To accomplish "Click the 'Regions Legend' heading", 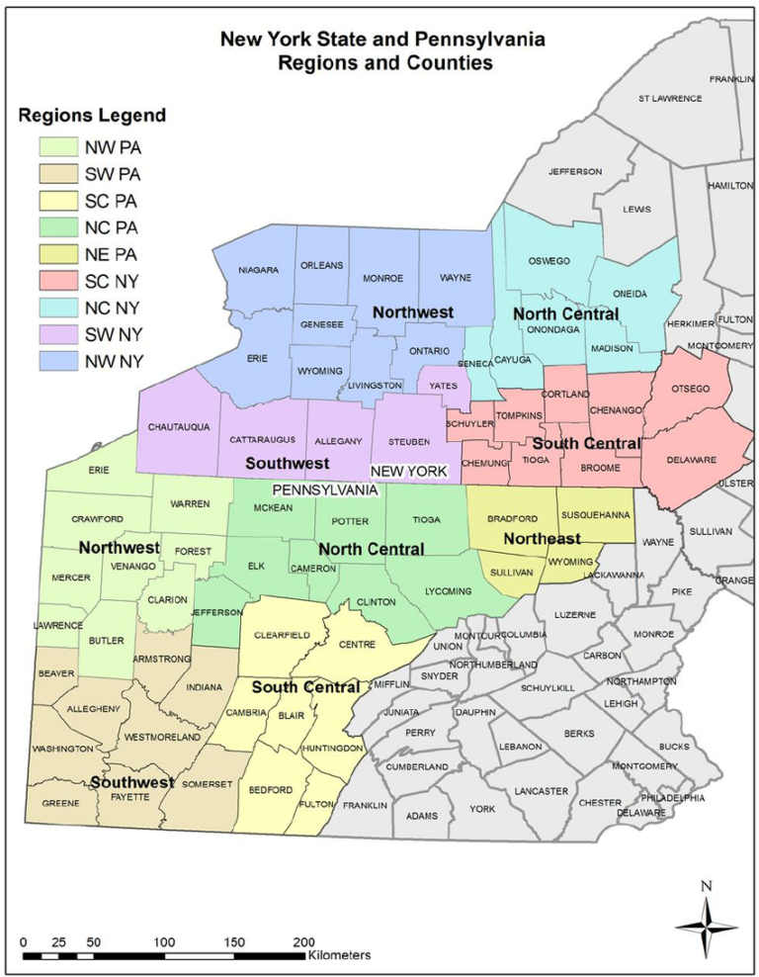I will coord(93,116).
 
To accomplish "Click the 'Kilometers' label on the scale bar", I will coord(339,956).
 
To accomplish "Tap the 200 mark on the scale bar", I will coord(304,941).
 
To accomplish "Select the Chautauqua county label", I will coord(179,427).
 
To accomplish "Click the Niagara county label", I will coord(258,270).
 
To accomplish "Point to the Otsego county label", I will coord(691,389).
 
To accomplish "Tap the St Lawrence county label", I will coord(670,99).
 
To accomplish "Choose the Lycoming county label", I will coord(448,591).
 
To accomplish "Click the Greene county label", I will coord(60,803).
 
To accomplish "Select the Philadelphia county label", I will coord(672,797).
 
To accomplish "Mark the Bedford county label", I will coord(270,790).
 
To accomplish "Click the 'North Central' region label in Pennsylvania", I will coord(371,549).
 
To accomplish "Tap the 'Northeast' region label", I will coord(542,539).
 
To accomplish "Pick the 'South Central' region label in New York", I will coord(587,444).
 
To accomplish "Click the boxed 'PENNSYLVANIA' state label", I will coord(325,489).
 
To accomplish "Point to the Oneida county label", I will coord(630,295).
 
